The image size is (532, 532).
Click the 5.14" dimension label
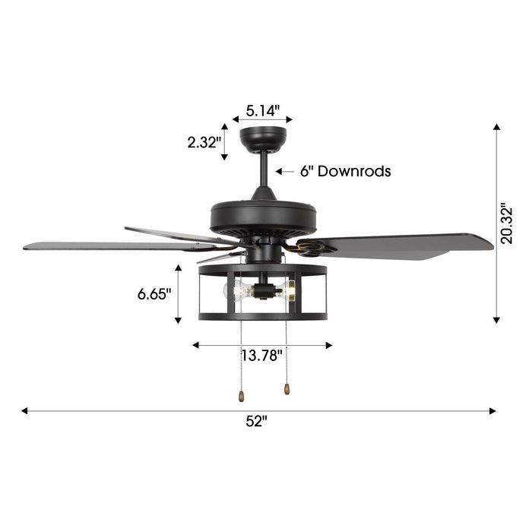coord(262,111)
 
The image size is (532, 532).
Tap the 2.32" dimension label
coord(204,141)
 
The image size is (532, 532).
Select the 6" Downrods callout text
coord(345,172)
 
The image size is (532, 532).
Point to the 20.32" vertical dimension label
coord(508,223)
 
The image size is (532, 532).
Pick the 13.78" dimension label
coord(262,355)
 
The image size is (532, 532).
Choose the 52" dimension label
coord(257,421)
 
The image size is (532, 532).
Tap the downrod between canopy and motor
coord(263,171)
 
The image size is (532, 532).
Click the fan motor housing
coord(263,214)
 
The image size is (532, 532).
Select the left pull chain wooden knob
coord(241,397)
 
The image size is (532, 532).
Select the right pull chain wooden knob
coord(287,389)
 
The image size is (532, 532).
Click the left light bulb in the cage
coord(241,290)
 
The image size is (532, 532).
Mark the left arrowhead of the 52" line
coord(25,410)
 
